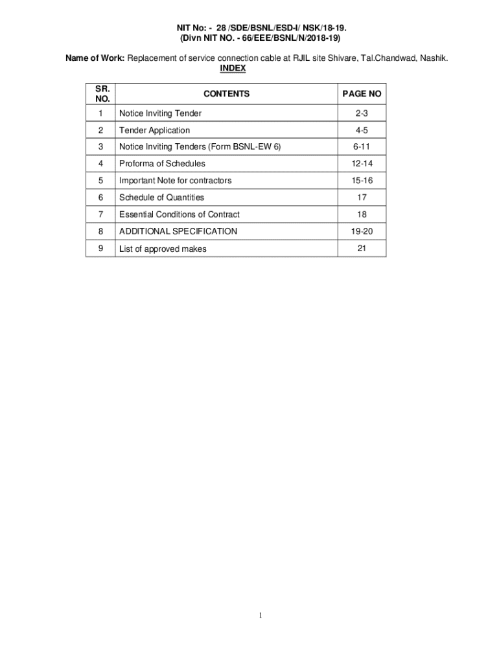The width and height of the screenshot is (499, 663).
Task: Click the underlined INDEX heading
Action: coord(233,68)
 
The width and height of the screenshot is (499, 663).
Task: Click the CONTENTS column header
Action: coord(226,94)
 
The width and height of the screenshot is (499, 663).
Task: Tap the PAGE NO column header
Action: coord(362,94)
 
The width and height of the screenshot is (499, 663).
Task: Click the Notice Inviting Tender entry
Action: coord(160,113)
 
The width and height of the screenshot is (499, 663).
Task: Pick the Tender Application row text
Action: coord(154,130)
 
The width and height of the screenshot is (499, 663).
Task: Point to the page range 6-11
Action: coord(362,147)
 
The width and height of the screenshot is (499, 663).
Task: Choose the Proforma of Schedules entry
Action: coord(162,164)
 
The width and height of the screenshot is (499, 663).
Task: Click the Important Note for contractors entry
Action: coord(175,181)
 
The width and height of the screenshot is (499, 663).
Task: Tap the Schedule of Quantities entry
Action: coord(161,197)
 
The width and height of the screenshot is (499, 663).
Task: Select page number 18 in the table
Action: coord(362,214)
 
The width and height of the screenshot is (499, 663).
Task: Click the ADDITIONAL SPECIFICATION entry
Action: coord(178,231)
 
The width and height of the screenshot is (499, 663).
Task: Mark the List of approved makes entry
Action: coord(163,249)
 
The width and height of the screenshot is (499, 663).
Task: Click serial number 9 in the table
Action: coord(100,248)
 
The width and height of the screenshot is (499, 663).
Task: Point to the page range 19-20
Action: coord(362,231)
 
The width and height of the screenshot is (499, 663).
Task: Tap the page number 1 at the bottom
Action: coord(260,616)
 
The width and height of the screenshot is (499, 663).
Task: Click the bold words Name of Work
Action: coord(95,58)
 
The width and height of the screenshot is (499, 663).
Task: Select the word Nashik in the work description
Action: coord(432,58)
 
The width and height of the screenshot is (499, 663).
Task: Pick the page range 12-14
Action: coord(362,164)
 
